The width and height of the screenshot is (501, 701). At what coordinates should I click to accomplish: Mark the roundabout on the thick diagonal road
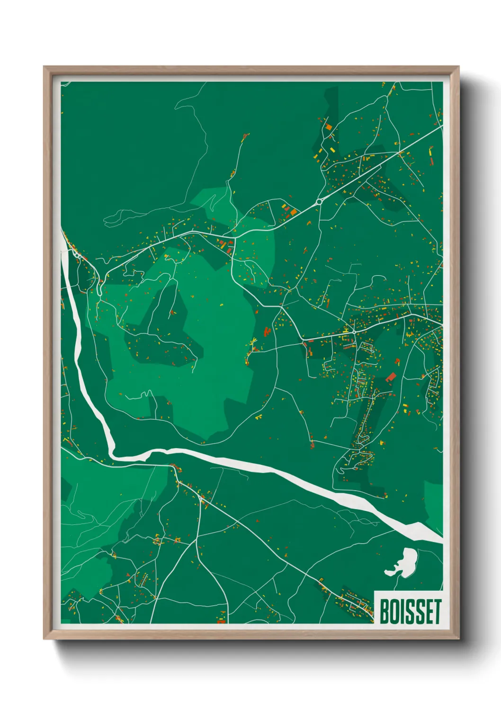pyautogui.click(x=319, y=202)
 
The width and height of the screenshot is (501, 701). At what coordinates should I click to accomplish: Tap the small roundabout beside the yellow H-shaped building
pyautogui.click(x=354, y=332)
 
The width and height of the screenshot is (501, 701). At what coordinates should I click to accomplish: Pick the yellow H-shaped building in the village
pyautogui.click(x=347, y=330)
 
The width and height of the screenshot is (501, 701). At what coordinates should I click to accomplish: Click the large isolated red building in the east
pyautogui.click(x=391, y=377)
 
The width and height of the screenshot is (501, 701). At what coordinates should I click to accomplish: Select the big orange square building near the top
pyautogui.click(x=328, y=127)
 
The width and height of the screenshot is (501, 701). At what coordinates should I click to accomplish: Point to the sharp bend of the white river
pyautogui.click(x=113, y=453)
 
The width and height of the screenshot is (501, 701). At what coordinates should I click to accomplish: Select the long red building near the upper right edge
pyautogui.click(x=430, y=156)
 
